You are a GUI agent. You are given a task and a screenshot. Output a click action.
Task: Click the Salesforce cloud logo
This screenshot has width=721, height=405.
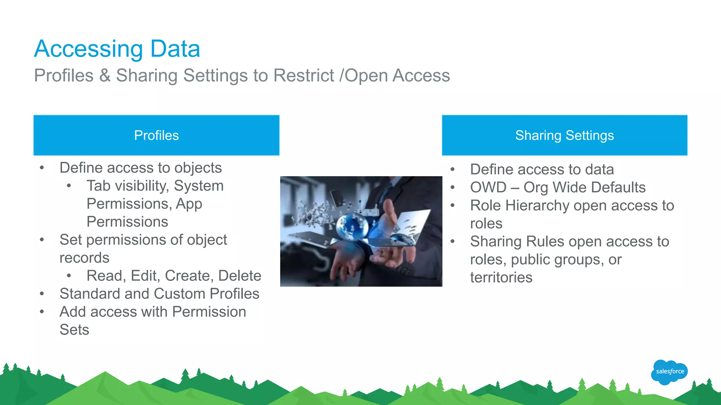point(669,372)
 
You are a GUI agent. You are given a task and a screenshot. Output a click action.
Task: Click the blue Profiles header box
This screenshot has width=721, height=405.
point(156,135)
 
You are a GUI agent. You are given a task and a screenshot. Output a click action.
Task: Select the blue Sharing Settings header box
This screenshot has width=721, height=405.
point(564,135)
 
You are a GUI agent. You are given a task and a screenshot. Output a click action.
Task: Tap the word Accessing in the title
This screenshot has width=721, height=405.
point(88,49)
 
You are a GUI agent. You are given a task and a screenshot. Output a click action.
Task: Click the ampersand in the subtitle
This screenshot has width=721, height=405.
point(105,76)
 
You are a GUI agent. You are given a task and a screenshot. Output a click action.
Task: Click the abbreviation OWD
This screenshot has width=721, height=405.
point(488,187)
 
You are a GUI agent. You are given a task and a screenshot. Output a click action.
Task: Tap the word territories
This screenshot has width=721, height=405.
point(501,277)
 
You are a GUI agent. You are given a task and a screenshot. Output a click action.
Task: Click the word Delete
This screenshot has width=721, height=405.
point(240,276)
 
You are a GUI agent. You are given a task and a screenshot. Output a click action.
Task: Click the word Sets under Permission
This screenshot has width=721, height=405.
point(74,330)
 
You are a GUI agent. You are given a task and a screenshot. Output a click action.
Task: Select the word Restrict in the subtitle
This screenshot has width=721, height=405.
point(303,76)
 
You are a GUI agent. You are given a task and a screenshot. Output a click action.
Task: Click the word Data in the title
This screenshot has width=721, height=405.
point(175,49)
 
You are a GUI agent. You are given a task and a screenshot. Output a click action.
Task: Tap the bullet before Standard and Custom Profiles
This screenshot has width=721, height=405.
point(42,294)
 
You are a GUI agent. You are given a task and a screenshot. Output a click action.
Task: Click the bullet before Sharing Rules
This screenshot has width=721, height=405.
point(453,242)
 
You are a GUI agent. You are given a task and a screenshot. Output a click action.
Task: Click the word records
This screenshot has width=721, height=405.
point(84,258)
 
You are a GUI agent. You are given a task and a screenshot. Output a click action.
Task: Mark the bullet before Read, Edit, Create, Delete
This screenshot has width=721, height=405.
point(69,276)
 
